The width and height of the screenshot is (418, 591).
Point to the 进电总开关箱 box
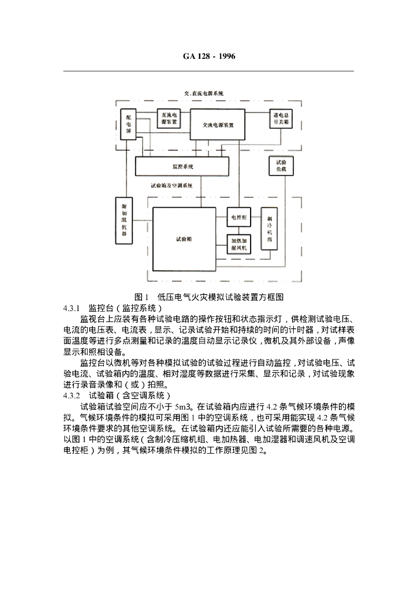coord(282,119)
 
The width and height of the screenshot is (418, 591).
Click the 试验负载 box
coord(281,166)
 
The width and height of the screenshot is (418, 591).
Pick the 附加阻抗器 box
coord(124,220)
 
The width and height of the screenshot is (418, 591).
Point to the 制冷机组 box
coord(269,229)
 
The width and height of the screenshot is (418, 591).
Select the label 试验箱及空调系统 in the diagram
coord(176,185)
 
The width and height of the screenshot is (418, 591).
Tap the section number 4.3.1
coord(73,308)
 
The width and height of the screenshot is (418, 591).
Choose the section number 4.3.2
coord(73,395)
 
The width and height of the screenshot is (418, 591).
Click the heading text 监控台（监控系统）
coord(126,308)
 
